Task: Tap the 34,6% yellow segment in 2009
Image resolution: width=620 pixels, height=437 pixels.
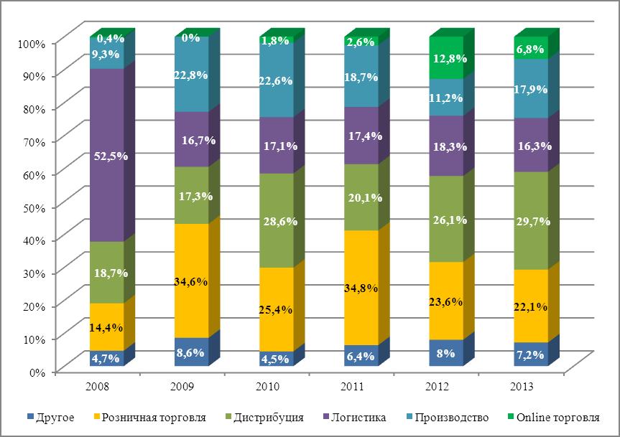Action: (x=191, y=281)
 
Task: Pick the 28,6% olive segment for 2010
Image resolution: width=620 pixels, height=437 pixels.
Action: (x=276, y=220)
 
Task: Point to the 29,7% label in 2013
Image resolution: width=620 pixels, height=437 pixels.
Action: (x=532, y=221)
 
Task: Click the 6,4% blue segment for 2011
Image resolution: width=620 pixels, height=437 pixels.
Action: (x=361, y=356)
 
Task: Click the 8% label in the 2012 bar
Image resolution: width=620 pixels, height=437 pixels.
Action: (x=447, y=354)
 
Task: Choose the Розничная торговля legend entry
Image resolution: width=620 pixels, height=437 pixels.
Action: (x=154, y=417)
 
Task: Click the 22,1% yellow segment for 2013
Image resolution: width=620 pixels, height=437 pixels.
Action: (x=531, y=306)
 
